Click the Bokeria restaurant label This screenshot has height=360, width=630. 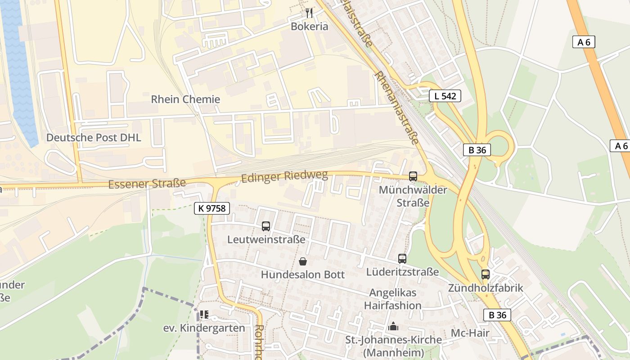(x=309, y=27)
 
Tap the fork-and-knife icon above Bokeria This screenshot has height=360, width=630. (x=309, y=13)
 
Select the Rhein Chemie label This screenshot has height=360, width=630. (x=185, y=99)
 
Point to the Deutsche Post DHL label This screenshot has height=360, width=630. (x=94, y=138)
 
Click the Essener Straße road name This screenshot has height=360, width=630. (x=147, y=184)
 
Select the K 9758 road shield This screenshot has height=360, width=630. (x=212, y=208)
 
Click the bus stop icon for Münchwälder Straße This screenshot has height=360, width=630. (x=413, y=176)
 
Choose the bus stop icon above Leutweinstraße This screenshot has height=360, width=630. (x=266, y=226)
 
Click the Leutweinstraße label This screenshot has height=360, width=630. (x=266, y=239)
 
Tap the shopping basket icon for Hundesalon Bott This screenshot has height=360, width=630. (x=303, y=261)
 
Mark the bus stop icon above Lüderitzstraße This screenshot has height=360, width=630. (x=402, y=259)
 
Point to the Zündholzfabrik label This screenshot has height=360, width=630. (x=486, y=288)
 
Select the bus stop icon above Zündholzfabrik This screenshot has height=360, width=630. (x=485, y=274)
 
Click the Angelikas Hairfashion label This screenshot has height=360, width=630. (x=393, y=299)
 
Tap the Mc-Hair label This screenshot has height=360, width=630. (x=470, y=333)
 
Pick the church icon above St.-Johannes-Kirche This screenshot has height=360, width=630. (x=393, y=326)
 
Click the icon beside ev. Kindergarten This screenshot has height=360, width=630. (x=204, y=315)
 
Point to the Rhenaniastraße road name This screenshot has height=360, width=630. (x=396, y=108)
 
